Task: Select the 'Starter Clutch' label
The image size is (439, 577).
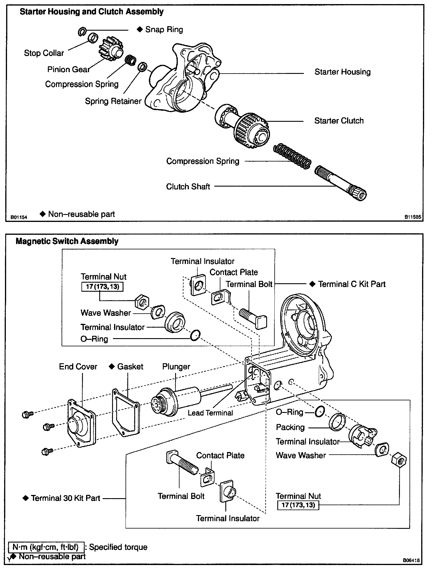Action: [339, 121]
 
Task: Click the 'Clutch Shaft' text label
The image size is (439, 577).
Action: [188, 187]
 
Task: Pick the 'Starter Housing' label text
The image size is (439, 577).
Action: [342, 72]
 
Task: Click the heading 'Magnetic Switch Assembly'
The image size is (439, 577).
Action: [67, 241]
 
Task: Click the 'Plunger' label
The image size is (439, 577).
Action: [176, 367]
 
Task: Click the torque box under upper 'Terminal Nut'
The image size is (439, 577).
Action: [102, 287]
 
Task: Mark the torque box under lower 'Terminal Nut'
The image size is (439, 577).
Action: [298, 505]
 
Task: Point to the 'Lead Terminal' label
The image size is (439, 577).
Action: [210, 413]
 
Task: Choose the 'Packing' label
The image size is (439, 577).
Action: [290, 427]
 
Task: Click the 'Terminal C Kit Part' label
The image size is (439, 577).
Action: [351, 284]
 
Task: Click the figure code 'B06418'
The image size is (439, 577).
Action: [411, 560]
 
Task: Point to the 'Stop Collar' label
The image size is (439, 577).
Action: [44, 53]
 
